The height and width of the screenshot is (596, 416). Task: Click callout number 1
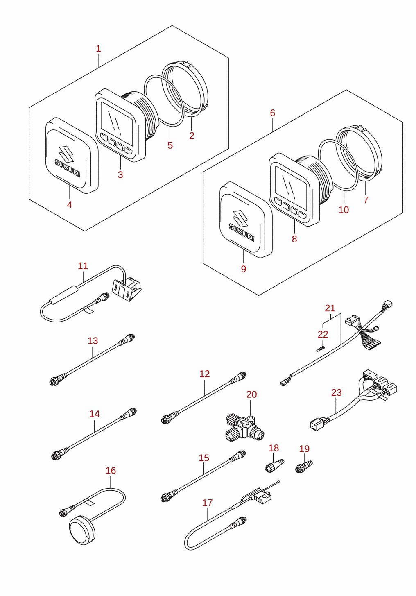coord(98,49)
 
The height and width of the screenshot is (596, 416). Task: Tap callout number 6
coord(272,113)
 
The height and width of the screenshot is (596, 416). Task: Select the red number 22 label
coord(323,334)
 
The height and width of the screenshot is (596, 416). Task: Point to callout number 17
coord(208,503)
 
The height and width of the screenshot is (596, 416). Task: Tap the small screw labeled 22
coord(321,349)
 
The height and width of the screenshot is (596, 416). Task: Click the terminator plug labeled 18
coord(275,466)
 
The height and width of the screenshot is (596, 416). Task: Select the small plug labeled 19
coord(304,467)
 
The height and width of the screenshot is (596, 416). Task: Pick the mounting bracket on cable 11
coord(127,289)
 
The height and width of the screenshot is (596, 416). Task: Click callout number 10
coord(344,210)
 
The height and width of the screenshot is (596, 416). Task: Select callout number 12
coord(205,374)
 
